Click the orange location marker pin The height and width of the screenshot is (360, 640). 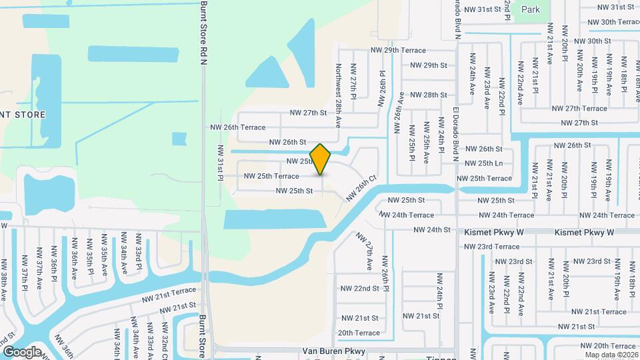321,159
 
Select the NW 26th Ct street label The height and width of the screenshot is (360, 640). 361,189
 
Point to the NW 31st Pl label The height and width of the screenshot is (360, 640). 220,163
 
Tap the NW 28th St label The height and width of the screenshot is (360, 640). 428,95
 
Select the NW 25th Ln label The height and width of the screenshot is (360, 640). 483,163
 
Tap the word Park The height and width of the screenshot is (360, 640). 531,9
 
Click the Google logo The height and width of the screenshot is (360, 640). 22,351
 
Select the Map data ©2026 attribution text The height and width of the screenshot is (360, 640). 611,354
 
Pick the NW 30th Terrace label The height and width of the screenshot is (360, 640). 614,22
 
